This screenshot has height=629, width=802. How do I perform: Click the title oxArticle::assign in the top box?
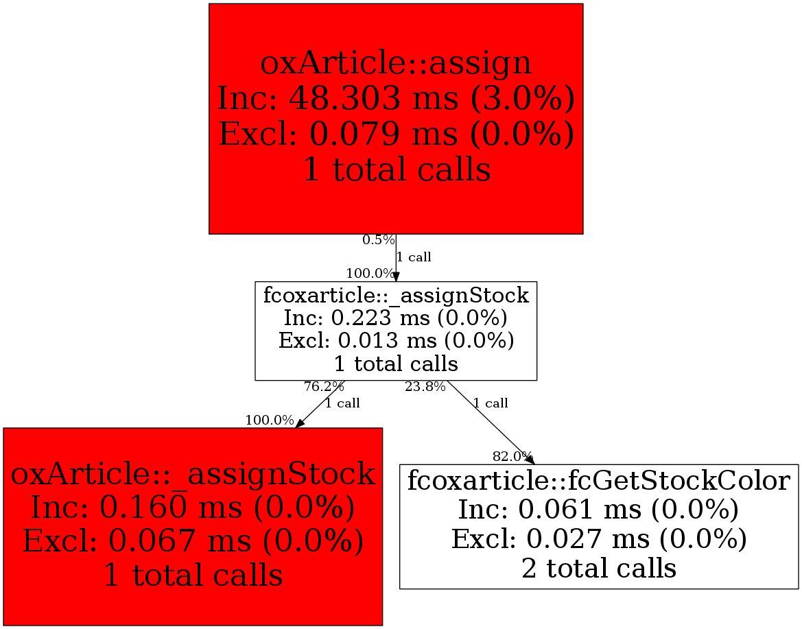(x=396, y=63)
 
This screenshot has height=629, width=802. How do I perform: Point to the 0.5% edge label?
(x=379, y=240)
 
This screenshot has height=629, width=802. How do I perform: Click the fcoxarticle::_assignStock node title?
(x=396, y=296)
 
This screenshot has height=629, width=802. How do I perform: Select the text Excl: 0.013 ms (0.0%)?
(x=396, y=341)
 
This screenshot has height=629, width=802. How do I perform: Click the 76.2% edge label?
(x=324, y=387)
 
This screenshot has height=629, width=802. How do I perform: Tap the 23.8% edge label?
(x=425, y=387)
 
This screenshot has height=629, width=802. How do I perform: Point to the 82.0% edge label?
(x=512, y=456)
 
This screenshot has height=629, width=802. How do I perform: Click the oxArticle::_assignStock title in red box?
(x=193, y=474)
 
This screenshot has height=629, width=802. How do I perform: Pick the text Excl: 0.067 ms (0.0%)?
(x=193, y=541)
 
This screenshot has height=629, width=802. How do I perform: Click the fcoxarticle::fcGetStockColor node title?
(x=599, y=480)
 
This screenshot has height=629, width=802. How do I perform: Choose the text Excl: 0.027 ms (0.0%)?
(x=599, y=539)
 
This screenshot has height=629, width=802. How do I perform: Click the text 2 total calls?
(x=599, y=569)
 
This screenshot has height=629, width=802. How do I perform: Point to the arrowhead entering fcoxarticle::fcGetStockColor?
(x=530, y=460)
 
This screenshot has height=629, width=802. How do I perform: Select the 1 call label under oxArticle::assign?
(x=414, y=258)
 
